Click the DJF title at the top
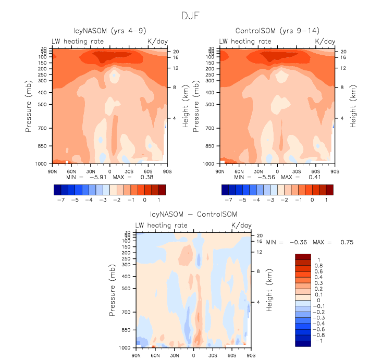(x=191, y=16)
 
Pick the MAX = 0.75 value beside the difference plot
(x=336, y=242)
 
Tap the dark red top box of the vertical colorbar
(x=303, y=257)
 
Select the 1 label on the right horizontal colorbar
(x=326, y=199)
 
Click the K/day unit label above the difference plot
(x=241, y=226)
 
